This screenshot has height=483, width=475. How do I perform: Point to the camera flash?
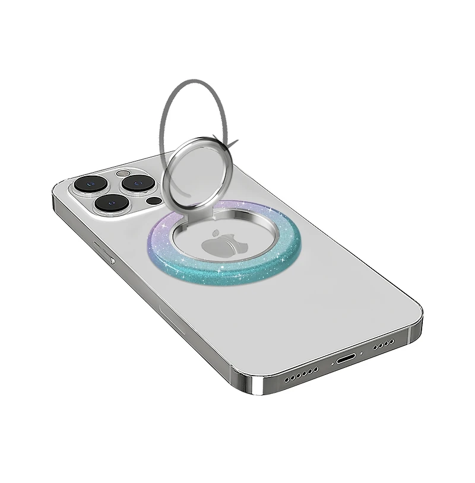pyautogui.click(x=123, y=174)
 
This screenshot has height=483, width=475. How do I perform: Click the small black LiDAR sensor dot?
pyautogui.click(x=154, y=201)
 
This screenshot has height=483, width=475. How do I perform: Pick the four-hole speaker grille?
pyautogui.click(x=384, y=344)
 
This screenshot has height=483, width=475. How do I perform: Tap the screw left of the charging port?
pyautogui.click(x=332, y=363)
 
